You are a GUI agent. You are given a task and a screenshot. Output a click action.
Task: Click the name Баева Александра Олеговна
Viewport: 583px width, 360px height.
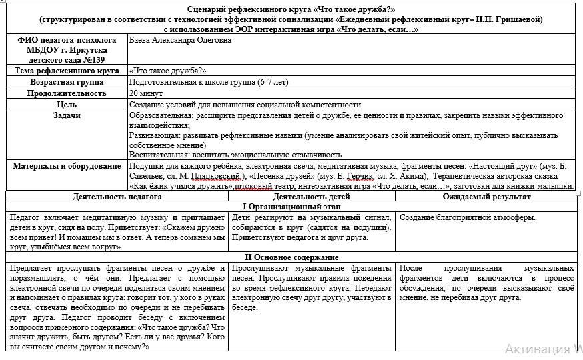[x=179, y=40]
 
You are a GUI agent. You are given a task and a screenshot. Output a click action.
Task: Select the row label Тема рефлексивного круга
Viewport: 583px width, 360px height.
[x=67, y=71]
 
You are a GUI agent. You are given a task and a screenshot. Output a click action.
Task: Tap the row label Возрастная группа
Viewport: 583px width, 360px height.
[x=67, y=82]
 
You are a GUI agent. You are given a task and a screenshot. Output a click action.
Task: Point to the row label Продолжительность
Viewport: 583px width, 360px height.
[x=67, y=93]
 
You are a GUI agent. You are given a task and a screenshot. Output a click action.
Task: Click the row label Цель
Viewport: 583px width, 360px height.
[x=67, y=105]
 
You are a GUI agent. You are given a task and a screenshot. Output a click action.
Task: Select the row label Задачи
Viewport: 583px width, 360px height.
[x=67, y=115]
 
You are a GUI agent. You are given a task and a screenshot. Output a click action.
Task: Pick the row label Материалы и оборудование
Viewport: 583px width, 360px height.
[x=67, y=165]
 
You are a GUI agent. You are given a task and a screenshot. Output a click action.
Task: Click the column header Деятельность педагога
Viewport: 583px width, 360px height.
[x=117, y=197]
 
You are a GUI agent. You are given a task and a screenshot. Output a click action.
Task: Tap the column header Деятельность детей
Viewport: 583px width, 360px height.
[x=313, y=197]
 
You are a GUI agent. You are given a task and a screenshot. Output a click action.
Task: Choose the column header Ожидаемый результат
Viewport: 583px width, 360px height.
[x=486, y=197]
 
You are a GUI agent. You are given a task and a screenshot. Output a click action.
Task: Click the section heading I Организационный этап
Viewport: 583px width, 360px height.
[x=290, y=207]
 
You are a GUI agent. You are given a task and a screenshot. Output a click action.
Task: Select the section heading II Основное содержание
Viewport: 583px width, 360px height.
[x=290, y=257]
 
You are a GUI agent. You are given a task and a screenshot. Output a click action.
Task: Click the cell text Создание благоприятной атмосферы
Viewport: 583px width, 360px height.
[x=468, y=217]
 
